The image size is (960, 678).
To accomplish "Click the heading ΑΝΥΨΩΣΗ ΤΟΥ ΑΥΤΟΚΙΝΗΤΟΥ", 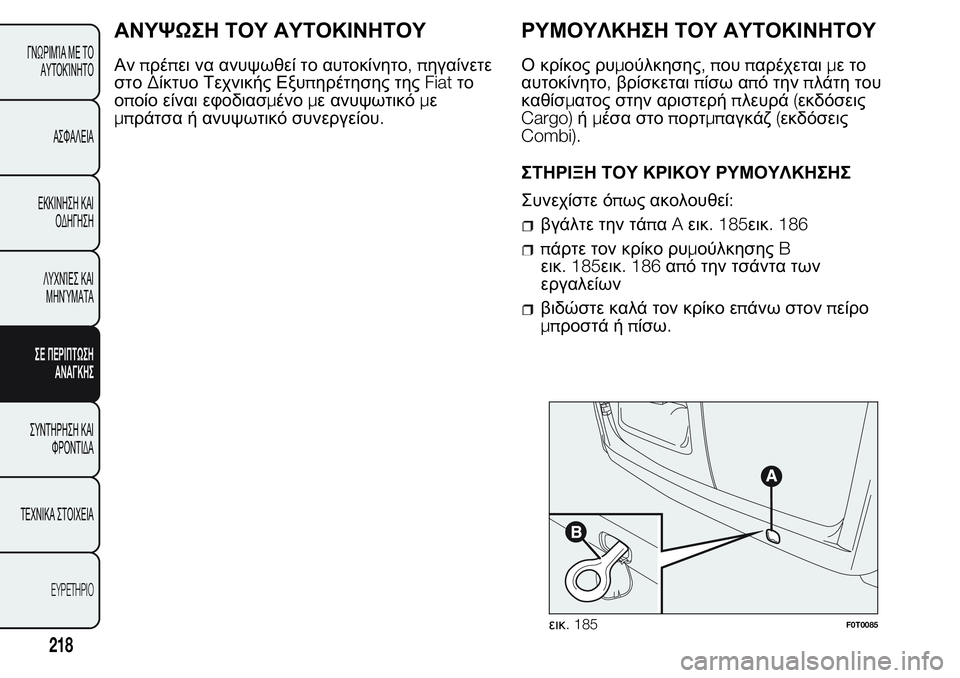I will [271, 29].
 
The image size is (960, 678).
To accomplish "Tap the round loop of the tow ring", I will [585, 576].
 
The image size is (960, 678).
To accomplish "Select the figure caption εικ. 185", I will [573, 624].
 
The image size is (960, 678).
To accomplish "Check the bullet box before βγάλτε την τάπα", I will [529, 223].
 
